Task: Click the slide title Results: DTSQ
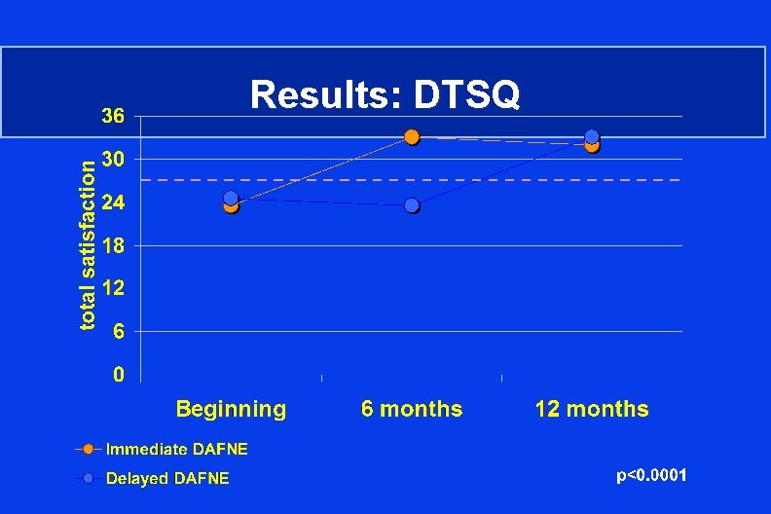pos(385,94)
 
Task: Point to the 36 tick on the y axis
pos(114,116)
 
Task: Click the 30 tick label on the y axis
pos(114,159)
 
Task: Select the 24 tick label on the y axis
pos(114,202)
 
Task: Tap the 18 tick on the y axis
pos(114,245)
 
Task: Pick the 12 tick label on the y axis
pos(114,288)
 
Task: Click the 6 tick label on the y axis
pos(118,331)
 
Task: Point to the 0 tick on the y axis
pos(118,375)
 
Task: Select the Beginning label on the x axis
pos(231,409)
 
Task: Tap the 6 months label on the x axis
pos(412,409)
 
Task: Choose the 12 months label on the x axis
pos(592,409)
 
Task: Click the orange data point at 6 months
pos(412,137)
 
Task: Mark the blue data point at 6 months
pos(412,205)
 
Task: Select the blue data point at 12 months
pos(592,137)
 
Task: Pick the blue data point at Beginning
pos(231,199)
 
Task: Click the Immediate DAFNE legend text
pos(176,449)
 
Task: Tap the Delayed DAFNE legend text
pos(167,478)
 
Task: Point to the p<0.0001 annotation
pos(652,475)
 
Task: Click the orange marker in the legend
pos(88,449)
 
